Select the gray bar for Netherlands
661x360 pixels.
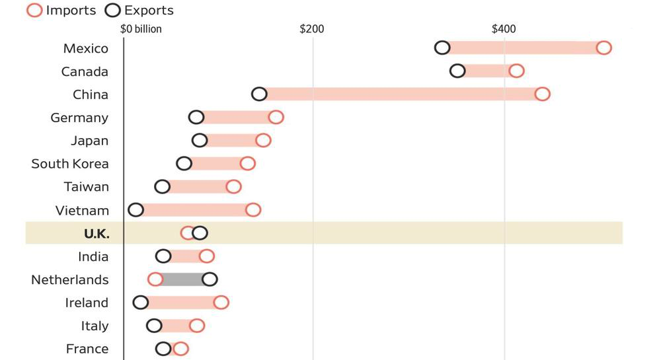182,279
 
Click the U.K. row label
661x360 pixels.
97,234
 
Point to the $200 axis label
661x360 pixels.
312,29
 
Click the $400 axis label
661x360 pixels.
503,29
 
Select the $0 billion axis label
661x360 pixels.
141,29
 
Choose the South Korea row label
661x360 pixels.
70,164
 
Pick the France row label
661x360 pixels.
87,349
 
